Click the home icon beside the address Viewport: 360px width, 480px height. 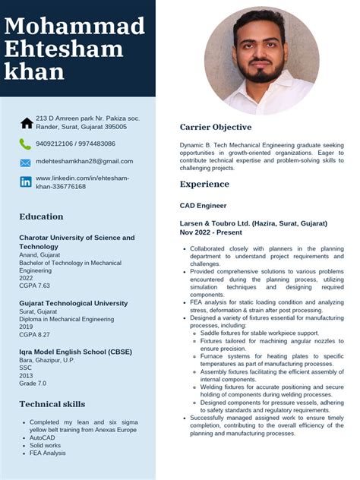point(27,122)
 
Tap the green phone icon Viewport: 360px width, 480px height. point(26,144)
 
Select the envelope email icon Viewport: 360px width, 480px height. point(26,163)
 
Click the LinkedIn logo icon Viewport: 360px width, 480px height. point(26,182)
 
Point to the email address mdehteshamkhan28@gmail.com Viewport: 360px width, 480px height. point(84,161)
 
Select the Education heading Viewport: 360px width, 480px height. point(41,217)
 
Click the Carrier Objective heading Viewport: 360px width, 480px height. point(216,127)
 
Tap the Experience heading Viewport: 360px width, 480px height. point(204,185)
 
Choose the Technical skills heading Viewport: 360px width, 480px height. point(52,404)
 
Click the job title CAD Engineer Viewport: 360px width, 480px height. point(203,205)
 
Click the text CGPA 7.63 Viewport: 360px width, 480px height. point(34,286)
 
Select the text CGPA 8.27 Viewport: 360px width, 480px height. point(34,334)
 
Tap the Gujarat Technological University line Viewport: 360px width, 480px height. point(74,303)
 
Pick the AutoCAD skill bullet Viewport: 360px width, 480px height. point(43,437)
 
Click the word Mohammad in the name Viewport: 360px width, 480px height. point(74,27)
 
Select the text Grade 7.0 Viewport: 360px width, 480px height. point(33,384)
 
